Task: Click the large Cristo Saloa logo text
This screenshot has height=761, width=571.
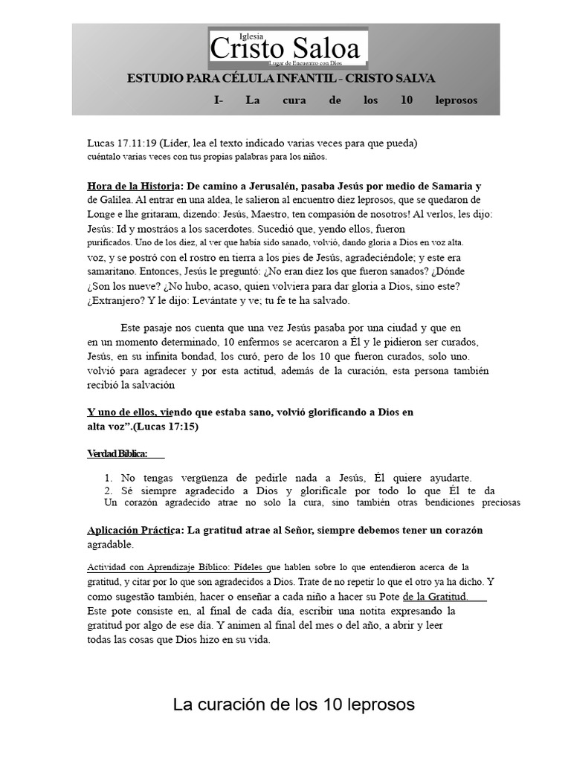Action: click(285, 49)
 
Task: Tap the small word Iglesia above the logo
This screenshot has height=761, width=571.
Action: click(253, 35)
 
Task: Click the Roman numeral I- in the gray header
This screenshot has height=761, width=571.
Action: click(218, 100)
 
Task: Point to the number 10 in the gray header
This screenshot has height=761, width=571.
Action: click(406, 100)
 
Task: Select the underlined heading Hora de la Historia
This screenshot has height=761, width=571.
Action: click(129, 186)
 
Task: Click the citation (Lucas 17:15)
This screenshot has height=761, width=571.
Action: click(164, 427)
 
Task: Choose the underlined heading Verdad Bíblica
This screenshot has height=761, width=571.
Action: click(117, 453)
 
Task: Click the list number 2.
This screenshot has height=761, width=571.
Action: click(109, 491)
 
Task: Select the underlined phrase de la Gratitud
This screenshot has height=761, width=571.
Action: click(435, 596)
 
